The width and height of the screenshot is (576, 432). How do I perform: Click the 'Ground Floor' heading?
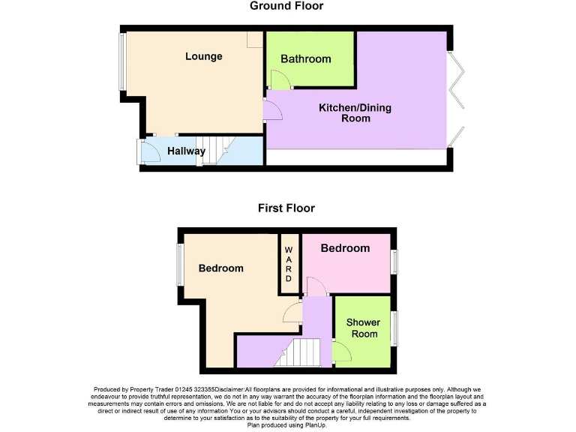pos(286,6)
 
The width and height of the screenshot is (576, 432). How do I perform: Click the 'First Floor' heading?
pos(286,208)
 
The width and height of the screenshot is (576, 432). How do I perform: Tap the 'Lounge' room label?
pos(204,56)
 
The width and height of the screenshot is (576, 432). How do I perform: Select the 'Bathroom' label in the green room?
pos(305,59)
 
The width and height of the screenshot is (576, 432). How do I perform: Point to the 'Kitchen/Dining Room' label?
pos(355,112)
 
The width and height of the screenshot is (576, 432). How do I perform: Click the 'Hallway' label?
pos(186,151)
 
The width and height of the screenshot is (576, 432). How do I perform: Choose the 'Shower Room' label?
pos(363,328)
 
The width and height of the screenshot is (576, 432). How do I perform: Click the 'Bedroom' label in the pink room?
pos(345,248)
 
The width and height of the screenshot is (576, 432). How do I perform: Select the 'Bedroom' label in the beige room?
pos(220,268)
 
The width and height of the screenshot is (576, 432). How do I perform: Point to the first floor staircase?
pos(299,352)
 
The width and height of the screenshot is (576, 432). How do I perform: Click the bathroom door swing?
pos(277,79)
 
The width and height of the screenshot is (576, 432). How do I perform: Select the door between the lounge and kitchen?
pos(271,111)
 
